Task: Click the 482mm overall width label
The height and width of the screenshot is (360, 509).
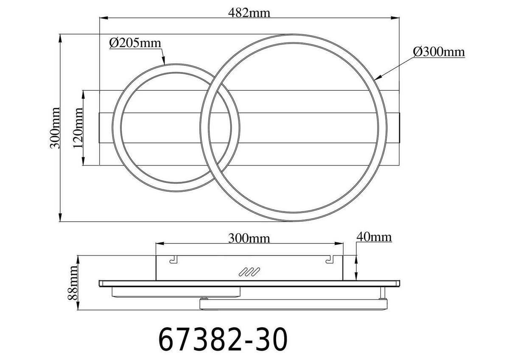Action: (x=250, y=12)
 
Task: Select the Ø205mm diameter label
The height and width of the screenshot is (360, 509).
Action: (x=135, y=43)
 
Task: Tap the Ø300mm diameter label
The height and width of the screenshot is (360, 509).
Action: (x=439, y=52)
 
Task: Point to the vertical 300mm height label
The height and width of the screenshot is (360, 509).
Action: (x=54, y=127)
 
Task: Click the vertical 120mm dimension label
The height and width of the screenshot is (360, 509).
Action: (x=78, y=128)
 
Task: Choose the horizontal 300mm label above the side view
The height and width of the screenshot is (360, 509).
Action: (x=249, y=238)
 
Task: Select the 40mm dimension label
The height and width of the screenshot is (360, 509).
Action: (x=374, y=237)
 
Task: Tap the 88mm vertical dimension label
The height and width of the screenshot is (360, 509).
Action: (x=73, y=282)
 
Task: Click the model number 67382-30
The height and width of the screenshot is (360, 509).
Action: (x=223, y=339)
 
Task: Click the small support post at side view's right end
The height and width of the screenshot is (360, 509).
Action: (x=383, y=292)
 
